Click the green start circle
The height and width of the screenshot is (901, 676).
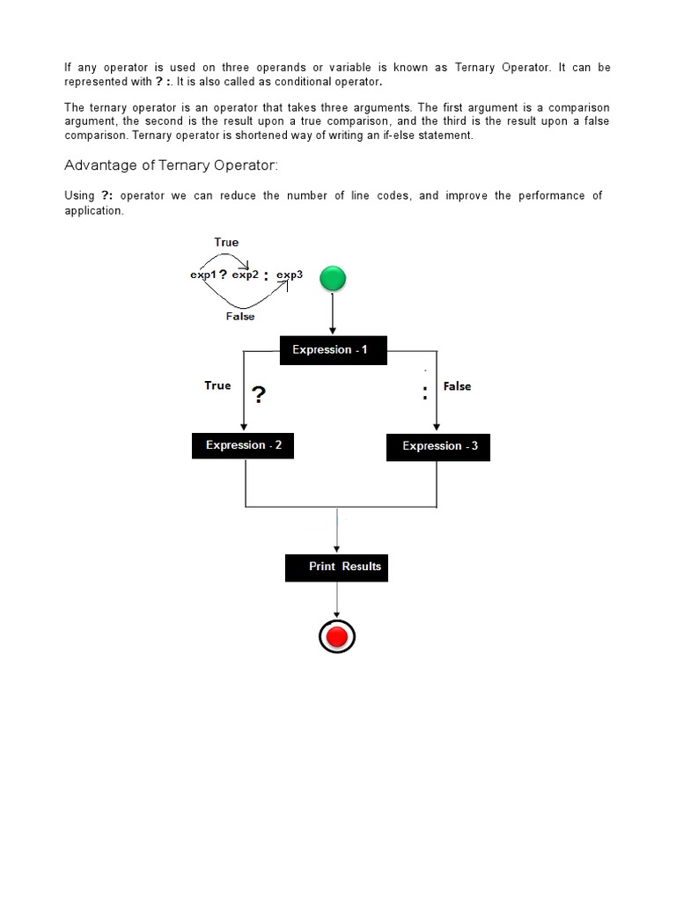point(332,280)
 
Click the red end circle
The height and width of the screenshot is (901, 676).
point(336,635)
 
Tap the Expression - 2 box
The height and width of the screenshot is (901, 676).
point(243,445)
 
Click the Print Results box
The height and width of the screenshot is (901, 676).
point(336,567)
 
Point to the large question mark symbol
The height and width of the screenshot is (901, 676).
point(259,395)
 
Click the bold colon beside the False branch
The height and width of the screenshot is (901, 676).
point(425,393)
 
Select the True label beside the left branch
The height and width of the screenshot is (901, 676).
point(217,385)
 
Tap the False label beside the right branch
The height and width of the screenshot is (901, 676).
point(457,386)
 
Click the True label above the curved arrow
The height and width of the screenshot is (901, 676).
point(226,242)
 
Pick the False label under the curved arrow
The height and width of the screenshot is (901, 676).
point(239,317)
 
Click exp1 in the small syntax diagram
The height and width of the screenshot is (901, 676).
point(202,275)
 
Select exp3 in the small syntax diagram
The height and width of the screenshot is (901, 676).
point(290,275)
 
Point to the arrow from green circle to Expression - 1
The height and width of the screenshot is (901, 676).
point(332,314)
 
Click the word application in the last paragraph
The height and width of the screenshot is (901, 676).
point(94,211)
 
